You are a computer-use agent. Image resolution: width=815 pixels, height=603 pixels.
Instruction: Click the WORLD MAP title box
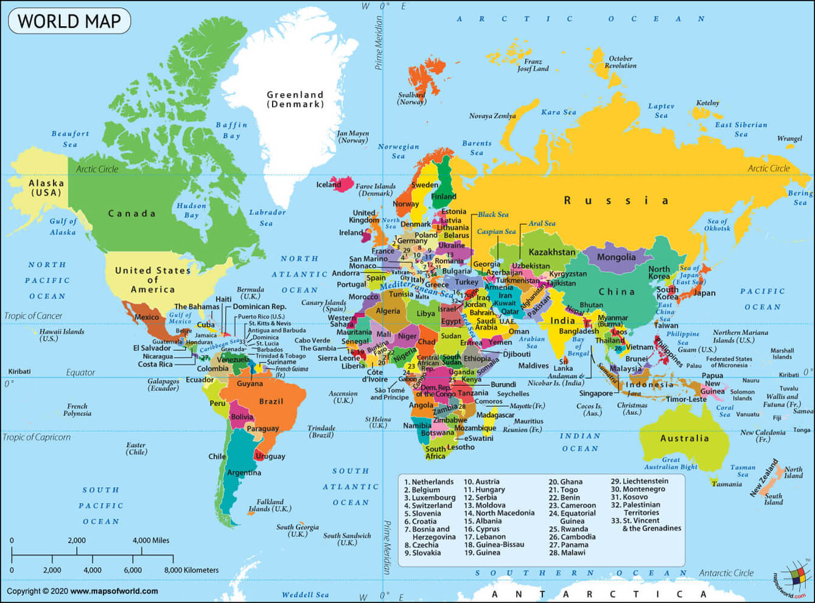coord(69,21)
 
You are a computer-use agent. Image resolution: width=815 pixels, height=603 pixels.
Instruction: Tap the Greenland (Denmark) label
coord(295,99)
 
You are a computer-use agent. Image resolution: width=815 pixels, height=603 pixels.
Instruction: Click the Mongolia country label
coord(616,257)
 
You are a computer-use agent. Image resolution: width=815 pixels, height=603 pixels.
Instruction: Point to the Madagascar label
coord(495,415)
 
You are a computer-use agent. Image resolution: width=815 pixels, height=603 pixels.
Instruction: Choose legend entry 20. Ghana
coord(565,482)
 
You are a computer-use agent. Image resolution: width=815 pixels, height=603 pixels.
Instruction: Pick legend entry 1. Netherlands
coord(429,482)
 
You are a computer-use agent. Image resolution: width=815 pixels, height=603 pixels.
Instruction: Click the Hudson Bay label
coord(191,210)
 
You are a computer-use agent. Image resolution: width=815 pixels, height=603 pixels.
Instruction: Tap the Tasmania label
coord(727,484)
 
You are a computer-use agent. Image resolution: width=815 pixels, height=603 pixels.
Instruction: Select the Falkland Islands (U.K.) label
coord(270,506)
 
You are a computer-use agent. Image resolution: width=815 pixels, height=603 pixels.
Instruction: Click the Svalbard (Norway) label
coord(411,99)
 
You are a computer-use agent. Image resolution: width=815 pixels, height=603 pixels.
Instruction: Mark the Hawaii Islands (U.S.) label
coord(61,334)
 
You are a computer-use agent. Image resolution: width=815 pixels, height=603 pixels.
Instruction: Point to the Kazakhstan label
coord(551,252)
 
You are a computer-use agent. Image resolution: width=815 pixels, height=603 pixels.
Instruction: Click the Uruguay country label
coord(270,456)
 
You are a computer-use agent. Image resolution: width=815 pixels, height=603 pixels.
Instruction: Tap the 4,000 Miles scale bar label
coord(151,540)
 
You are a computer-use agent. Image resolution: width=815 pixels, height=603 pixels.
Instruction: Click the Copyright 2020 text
coord(82,591)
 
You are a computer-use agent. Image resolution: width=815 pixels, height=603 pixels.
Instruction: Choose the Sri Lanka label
coord(563,365)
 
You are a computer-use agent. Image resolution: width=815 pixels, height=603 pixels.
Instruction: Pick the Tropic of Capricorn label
coord(37,437)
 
